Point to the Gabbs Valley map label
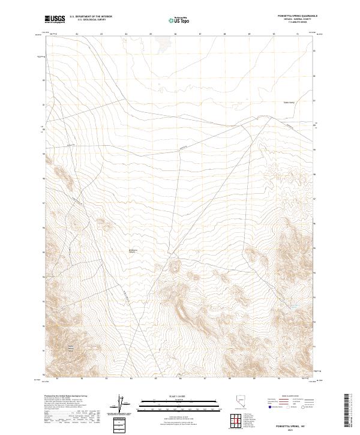pos(290,103)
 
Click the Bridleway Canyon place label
pos(134,251)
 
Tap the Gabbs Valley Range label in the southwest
pos(70,349)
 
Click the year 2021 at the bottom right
pos(290,430)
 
